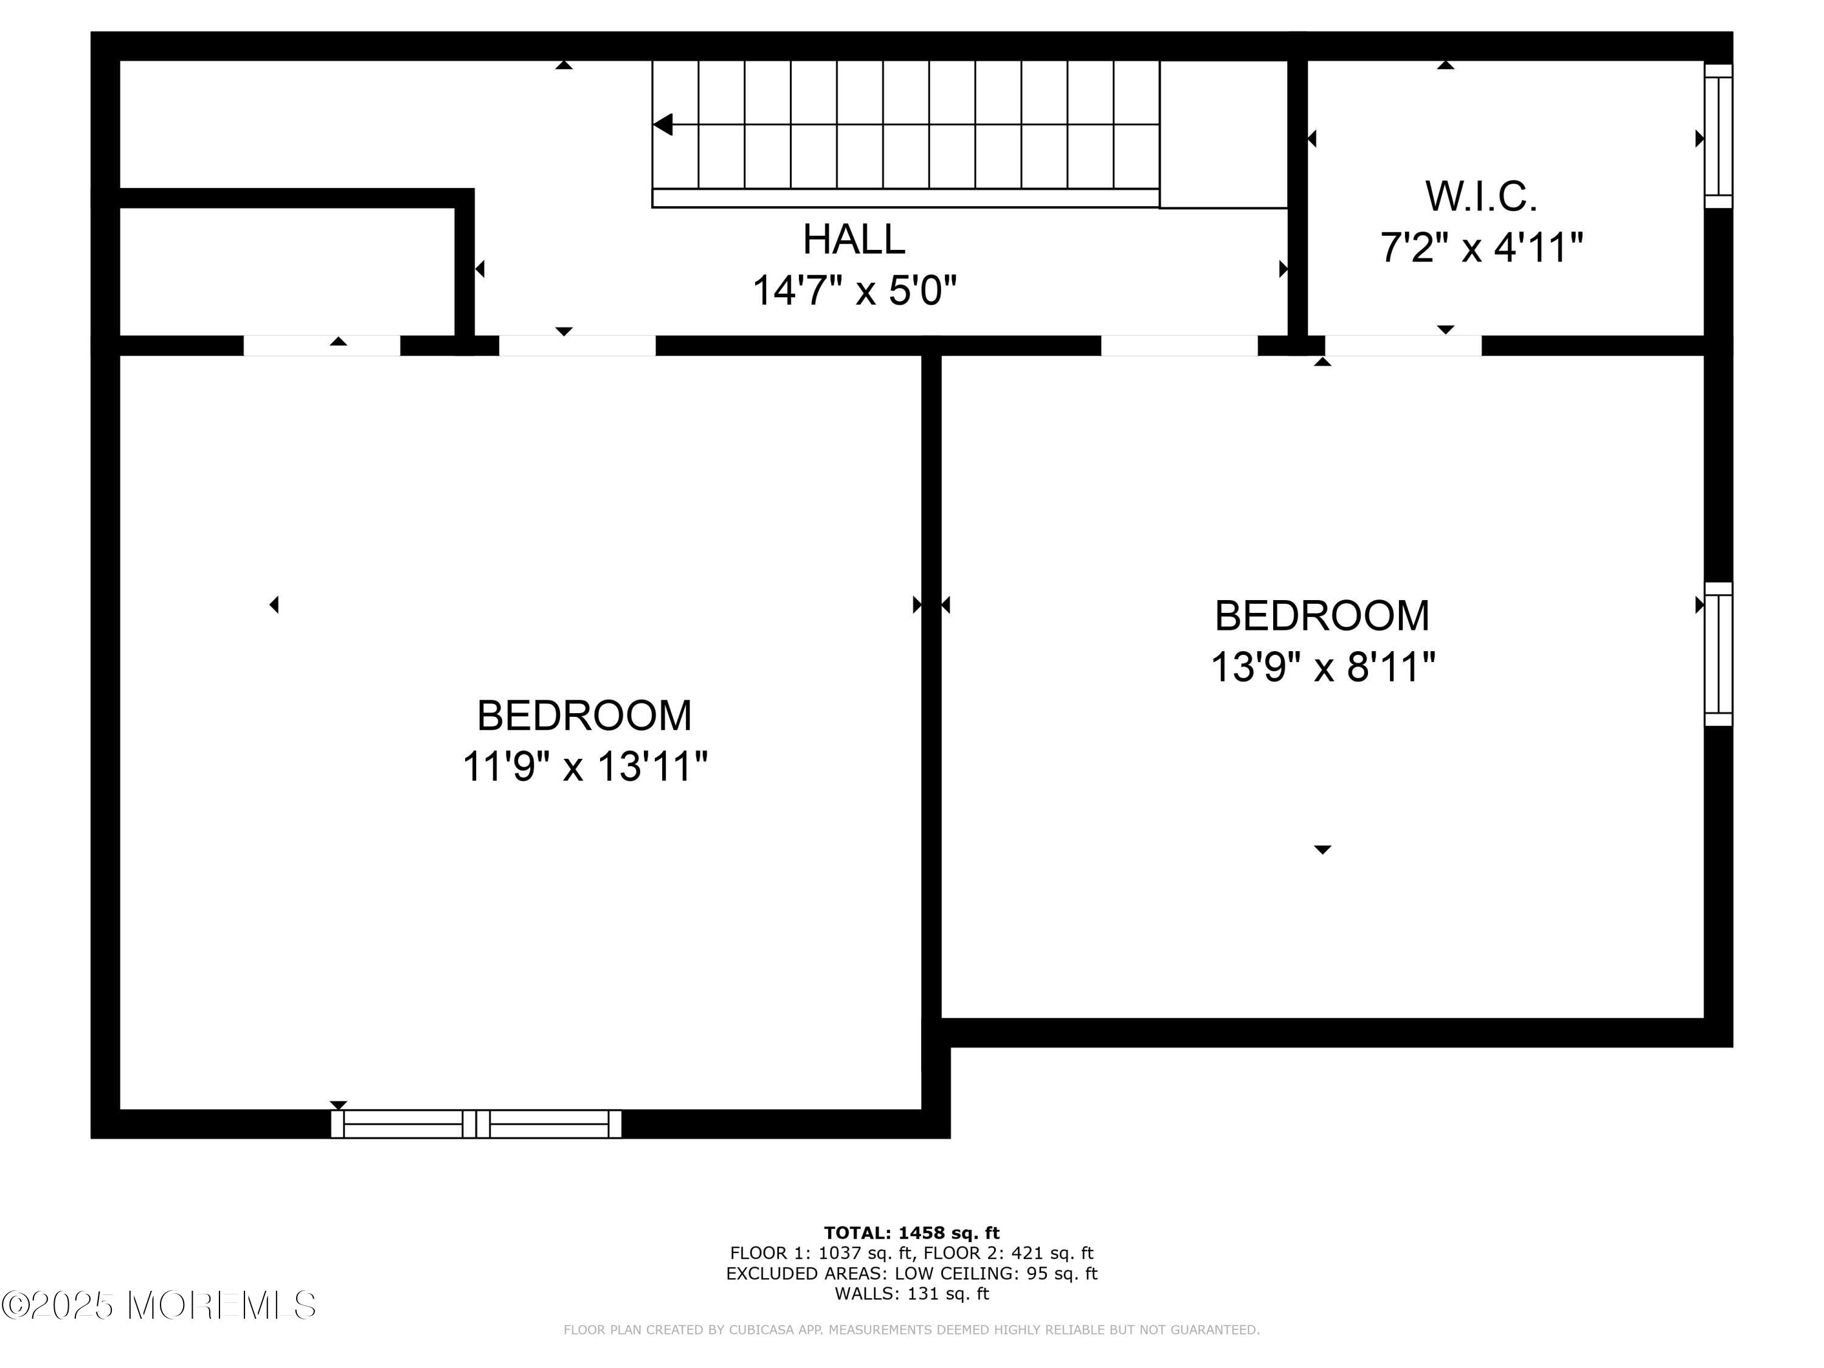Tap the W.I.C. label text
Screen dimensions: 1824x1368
(x=1481, y=196)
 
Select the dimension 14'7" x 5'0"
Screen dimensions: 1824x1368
(x=854, y=290)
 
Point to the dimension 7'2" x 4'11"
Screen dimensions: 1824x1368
(x=1482, y=247)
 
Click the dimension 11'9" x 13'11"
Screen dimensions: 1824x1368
(x=585, y=766)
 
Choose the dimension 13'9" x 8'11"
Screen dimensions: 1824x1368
(x=1322, y=666)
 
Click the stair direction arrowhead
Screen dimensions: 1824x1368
(x=662, y=125)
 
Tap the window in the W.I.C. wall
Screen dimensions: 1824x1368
(x=1718, y=136)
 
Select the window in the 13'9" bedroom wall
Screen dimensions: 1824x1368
(x=1718, y=654)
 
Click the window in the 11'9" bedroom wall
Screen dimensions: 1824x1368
(x=476, y=1124)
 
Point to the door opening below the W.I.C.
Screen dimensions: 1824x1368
(x=1402, y=345)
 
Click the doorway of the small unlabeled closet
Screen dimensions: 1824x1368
(x=322, y=345)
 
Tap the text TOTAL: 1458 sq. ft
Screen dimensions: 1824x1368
(x=911, y=1233)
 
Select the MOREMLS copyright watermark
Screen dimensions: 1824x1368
(x=158, y=1305)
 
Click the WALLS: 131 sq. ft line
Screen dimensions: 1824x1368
(x=911, y=1294)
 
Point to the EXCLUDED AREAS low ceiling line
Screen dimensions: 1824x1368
(x=911, y=1273)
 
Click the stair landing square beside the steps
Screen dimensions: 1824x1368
(x=1224, y=134)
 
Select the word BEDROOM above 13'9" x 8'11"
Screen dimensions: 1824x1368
(x=1322, y=615)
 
